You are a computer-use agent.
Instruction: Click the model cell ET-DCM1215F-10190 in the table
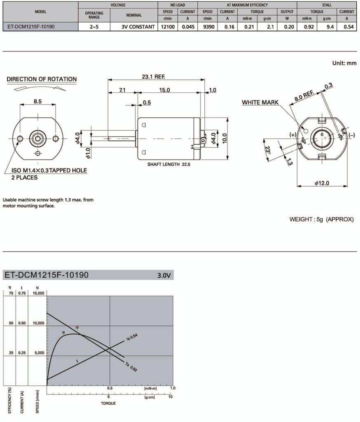click(x=31, y=27)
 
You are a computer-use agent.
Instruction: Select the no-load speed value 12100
click(x=167, y=27)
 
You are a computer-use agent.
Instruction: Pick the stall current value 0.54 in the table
click(x=346, y=27)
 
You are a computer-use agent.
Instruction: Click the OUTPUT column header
click(x=287, y=12)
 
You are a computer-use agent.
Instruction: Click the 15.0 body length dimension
click(x=165, y=90)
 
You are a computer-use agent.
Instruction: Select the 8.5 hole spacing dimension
click(x=37, y=101)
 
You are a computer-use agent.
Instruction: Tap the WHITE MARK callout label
click(x=260, y=102)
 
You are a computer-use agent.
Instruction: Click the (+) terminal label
click(x=293, y=135)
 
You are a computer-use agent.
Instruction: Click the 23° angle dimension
click(x=268, y=150)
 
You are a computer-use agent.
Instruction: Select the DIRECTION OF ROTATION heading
click(x=42, y=79)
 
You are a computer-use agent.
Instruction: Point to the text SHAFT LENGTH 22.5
click(x=169, y=164)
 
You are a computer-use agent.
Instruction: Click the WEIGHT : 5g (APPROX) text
click(x=321, y=219)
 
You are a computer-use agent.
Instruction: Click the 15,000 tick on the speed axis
click(x=37, y=293)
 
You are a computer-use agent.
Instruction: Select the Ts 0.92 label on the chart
click(x=131, y=366)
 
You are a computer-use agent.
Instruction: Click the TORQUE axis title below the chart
click(x=108, y=403)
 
